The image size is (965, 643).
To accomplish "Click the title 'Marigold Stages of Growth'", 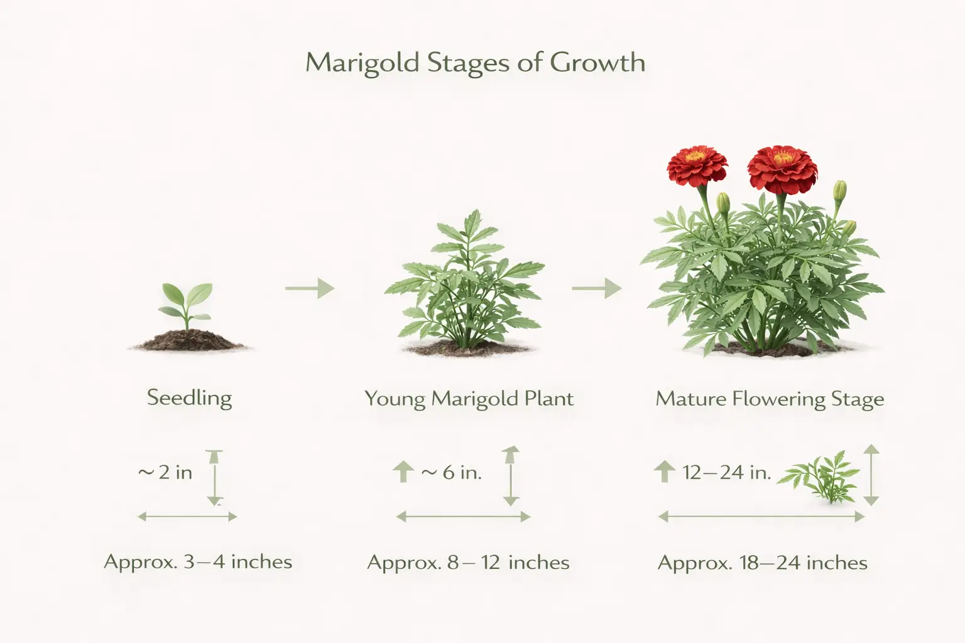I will tap(475, 63).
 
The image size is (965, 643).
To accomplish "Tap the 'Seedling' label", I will tap(189, 398).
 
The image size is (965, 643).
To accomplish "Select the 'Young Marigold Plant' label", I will tap(469, 399).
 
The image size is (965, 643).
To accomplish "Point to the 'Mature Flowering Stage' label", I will tap(770, 399).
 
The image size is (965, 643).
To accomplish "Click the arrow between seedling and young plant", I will tap(309, 288).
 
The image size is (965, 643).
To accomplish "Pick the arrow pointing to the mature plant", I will tap(596, 288).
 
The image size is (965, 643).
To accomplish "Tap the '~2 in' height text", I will tap(165, 472).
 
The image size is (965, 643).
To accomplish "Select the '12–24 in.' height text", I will tap(726, 472).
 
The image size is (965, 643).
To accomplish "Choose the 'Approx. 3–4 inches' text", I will tap(198, 561).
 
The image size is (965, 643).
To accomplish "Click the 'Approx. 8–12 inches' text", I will tap(468, 562).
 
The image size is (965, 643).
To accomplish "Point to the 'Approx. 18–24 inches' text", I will tap(762, 563).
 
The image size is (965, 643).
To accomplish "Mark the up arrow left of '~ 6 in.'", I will tap(403, 472).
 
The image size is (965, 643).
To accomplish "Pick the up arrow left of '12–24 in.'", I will tap(665, 472).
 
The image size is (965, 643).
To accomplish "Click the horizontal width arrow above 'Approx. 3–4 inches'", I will tap(187, 517).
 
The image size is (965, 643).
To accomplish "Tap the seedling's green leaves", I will tap(185, 300).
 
